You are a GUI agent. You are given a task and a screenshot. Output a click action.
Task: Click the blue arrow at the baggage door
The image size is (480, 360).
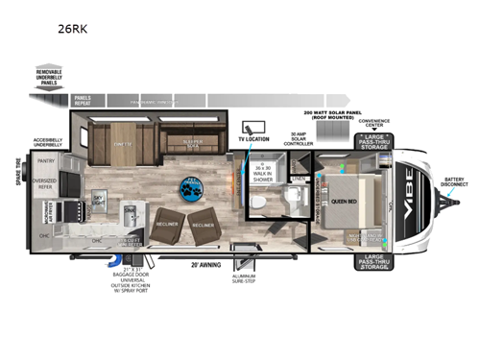(x=122, y=252)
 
